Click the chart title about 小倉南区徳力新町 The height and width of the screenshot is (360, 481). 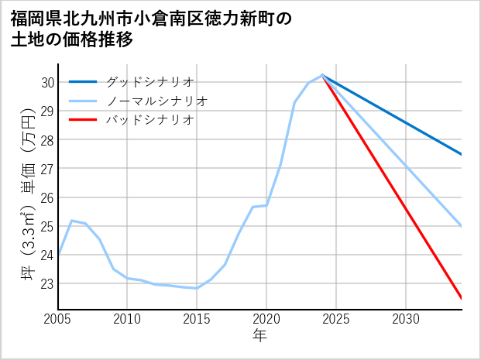(152, 29)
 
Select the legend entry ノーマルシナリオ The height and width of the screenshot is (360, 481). (156, 101)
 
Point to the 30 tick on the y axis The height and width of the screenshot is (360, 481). (46, 82)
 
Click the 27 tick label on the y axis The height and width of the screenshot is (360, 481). (46, 169)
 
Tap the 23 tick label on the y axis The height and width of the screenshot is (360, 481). (46, 283)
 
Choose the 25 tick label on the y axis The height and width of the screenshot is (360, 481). (46, 226)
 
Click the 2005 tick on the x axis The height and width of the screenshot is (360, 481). (58, 319)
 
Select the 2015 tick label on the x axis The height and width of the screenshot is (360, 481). (197, 319)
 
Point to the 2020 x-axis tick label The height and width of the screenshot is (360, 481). (266, 319)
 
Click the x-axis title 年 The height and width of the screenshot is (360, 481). (260, 336)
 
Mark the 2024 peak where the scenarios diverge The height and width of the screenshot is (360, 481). (322, 75)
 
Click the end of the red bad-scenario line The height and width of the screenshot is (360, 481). (461, 298)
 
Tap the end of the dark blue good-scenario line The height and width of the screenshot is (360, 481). (461, 154)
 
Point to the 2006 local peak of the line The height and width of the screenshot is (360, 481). (72, 221)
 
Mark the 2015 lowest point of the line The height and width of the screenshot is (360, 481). (197, 288)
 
